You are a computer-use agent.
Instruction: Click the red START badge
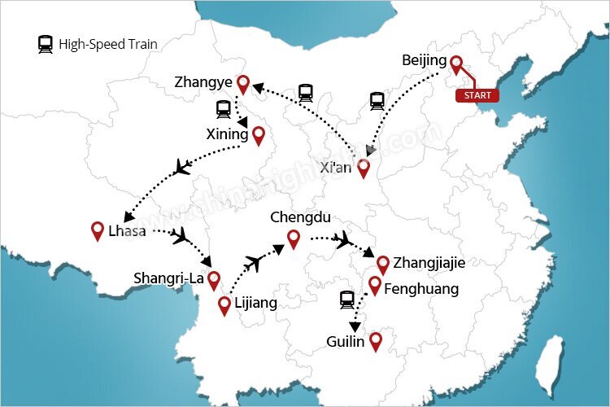477,95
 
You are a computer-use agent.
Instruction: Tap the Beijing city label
424,61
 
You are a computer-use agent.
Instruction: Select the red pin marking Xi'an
364,168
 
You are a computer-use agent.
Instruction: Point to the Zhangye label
203,82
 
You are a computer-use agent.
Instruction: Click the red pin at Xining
259,135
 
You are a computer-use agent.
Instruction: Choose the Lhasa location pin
98,230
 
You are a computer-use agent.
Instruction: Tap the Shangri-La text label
169,278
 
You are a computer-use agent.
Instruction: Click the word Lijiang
255,304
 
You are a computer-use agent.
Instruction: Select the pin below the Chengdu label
293,239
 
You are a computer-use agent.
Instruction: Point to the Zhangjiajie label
429,263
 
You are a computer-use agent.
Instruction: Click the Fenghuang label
420,288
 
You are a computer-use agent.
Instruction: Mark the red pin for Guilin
375,341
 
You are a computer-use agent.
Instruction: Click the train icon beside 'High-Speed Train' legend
46,45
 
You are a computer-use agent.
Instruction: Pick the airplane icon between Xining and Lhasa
183,168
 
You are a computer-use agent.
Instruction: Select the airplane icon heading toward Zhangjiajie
343,239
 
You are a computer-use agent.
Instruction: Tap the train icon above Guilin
347,300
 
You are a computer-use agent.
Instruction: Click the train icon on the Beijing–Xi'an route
377,101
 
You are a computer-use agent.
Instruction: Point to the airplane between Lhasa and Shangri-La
181,235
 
